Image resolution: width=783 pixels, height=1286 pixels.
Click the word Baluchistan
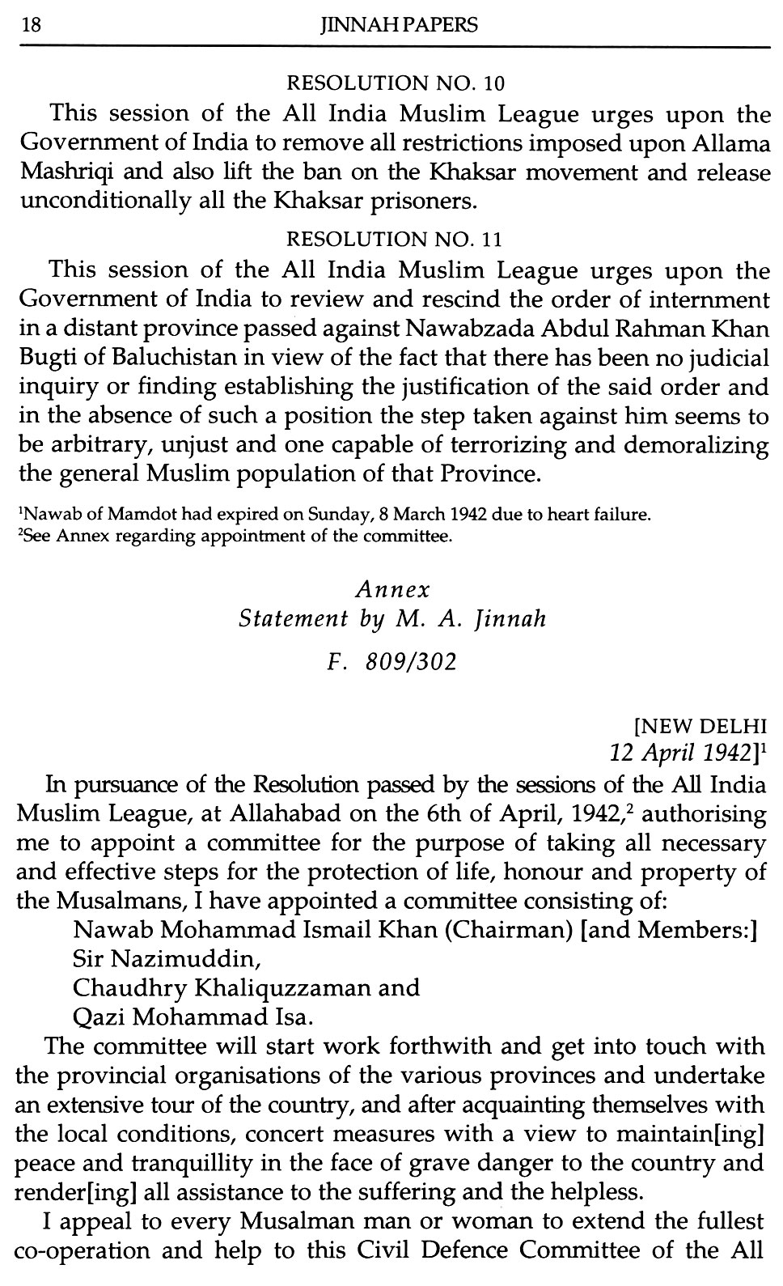[179, 357]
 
